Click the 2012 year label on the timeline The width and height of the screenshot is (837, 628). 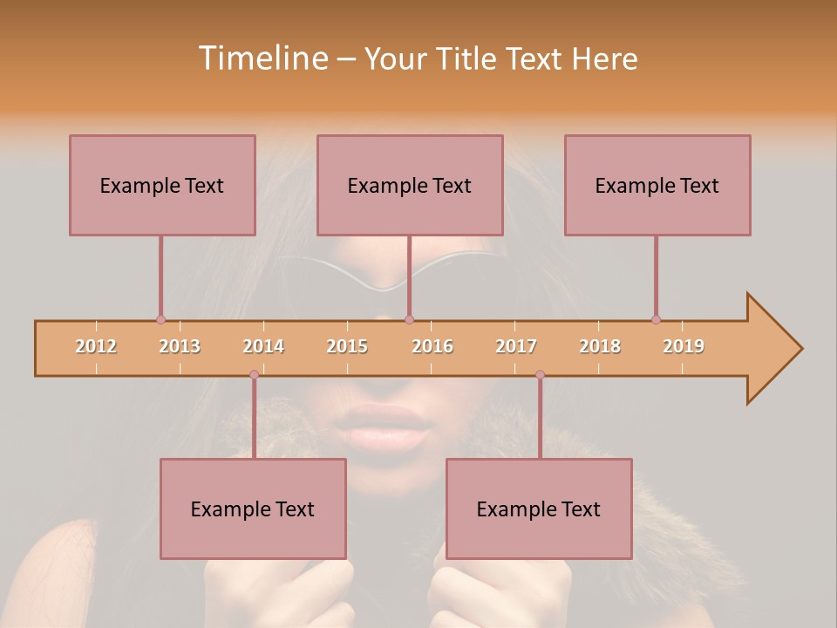(x=96, y=346)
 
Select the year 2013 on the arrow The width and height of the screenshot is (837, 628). (x=180, y=346)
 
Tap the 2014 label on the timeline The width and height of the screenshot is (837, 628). (x=263, y=346)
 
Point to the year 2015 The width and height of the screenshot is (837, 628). (x=347, y=346)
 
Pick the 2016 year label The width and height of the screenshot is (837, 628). (x=432, y=346)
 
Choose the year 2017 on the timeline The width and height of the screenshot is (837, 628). (x=516, y=346)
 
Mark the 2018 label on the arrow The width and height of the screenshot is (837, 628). (x=600, y=346)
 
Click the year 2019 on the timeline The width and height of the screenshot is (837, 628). (x=684, y=346)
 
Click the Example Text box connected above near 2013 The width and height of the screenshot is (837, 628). (x=162, y=185)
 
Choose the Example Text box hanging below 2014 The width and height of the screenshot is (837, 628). (x=253, y=509)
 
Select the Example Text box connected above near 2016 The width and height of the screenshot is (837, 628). (x=410, y=185)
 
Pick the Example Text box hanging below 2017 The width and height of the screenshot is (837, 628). (x=539, y=509)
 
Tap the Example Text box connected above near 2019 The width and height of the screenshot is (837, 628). (x=657, y=185)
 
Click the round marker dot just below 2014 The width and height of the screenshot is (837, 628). (x=254, y=374)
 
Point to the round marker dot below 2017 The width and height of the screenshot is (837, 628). (x=540, y=374)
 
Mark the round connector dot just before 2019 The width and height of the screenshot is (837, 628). (x=656, y=319)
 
